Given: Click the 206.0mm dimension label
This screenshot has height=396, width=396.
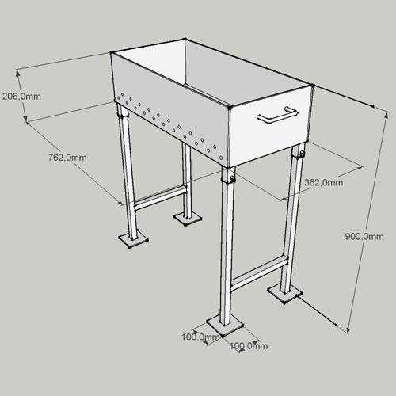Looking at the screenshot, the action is point(21,97).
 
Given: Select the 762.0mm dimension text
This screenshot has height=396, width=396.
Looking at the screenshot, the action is point(67,158).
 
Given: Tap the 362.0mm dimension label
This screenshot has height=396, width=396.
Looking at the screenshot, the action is point(324,182).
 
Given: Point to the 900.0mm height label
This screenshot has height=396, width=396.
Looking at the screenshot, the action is point(364,236).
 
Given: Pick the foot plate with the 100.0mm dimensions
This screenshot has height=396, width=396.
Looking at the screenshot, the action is point(225,326).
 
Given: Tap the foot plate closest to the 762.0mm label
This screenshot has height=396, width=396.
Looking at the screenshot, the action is point(133,239).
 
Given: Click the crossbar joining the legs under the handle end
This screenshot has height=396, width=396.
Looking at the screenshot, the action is point(259,273).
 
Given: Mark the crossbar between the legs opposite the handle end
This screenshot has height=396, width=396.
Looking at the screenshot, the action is point(161,198).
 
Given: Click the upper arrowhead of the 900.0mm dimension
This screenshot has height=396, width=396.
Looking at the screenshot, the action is point(387,115).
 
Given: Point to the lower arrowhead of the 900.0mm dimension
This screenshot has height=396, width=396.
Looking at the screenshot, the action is point(348,330).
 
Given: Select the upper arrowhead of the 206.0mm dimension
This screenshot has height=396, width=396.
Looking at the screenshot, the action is point(18,73).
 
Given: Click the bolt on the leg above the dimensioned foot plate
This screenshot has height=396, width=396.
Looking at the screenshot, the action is point(232,180).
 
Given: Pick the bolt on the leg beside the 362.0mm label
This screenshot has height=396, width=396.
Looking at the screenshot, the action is point(302,154).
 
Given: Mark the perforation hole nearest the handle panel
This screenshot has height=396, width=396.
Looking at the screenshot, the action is point(221,158).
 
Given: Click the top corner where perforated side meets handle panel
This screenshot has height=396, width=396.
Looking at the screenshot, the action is point(230,108).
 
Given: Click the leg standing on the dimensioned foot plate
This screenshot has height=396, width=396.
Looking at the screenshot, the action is point(227,246).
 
